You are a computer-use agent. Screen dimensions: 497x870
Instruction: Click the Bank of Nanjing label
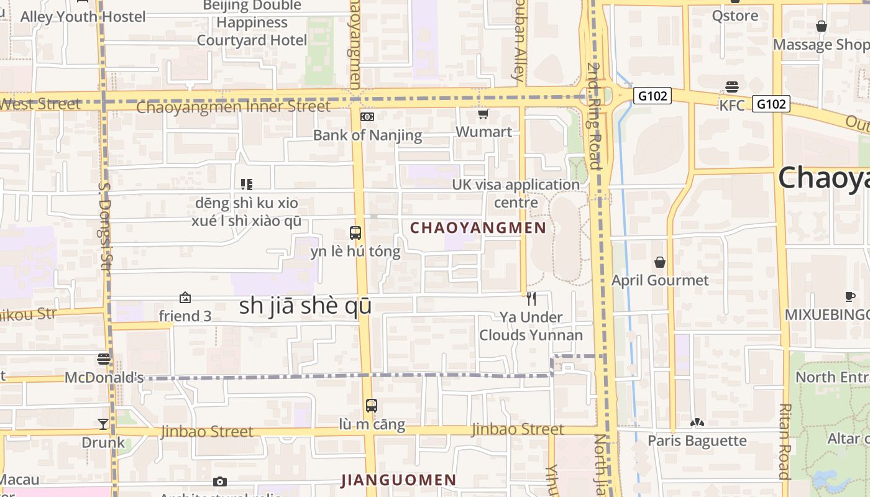pos(367,135)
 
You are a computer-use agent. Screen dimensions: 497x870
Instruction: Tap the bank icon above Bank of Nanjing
pos(367,116)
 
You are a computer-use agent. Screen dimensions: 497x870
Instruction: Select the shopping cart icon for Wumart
pos(483,114)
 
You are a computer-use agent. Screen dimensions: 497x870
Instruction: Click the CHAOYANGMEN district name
pos(478,228)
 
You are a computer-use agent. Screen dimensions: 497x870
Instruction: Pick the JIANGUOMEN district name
pos(399,480)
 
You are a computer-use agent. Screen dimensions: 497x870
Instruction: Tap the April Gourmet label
pos(660,280)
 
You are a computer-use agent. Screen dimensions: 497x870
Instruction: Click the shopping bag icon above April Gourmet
pos(660,262)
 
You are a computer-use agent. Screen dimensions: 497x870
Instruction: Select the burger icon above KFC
pos(732,87)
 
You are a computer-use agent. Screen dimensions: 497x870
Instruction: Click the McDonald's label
pos(104,377)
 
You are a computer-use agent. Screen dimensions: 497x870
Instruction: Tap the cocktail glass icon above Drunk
pos(103,424)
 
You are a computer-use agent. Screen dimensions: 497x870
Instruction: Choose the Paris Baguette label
pos(697,440)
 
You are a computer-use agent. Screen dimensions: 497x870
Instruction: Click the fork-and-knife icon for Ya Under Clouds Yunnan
pos(531,299)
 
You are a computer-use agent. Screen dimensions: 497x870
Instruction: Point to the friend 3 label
pos(185,316)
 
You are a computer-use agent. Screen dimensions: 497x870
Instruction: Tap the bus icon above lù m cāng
pos(372,406)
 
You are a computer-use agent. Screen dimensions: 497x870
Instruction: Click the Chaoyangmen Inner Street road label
pos(233,107)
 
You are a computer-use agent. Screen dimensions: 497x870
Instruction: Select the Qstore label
pos(735,16)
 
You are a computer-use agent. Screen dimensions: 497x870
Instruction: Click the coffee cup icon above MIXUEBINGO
pos(850,297)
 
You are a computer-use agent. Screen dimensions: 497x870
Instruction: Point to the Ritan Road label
pos(784,441)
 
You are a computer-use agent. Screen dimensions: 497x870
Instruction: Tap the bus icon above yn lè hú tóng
pos(355,234)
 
